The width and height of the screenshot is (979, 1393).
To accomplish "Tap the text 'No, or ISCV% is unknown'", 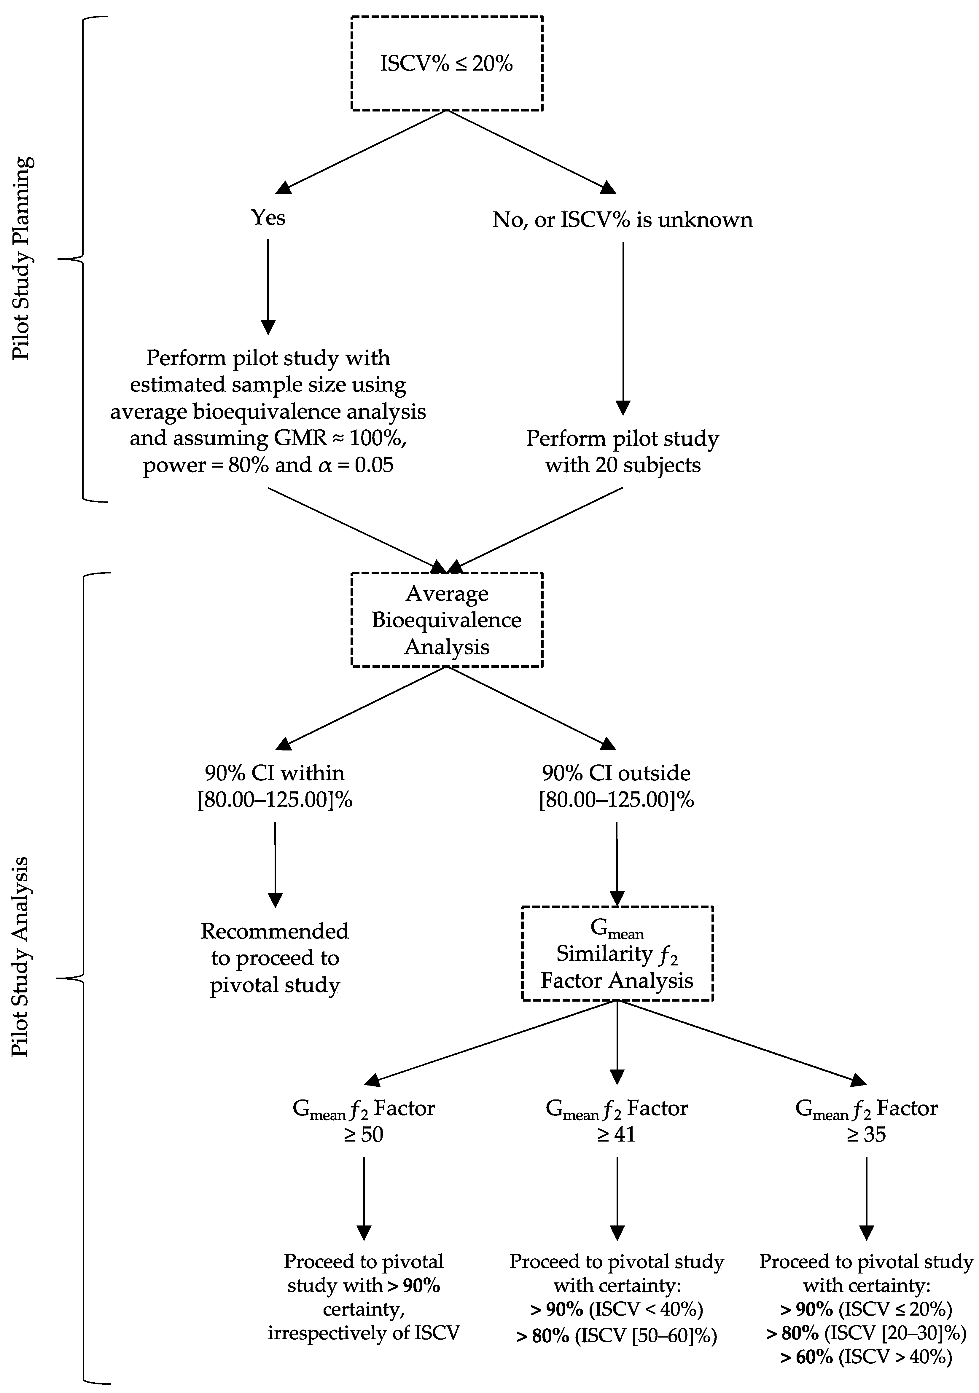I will pyautogui.click(x=622, y=219).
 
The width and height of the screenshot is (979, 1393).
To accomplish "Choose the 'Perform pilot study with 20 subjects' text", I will pyautogui.click(x=622, y=451).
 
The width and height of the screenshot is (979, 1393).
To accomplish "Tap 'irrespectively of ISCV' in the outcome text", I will pyautogui.click(x=364, y=1333).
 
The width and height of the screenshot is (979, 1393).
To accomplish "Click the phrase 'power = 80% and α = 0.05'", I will pyautogui.click(x=268, y=465).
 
